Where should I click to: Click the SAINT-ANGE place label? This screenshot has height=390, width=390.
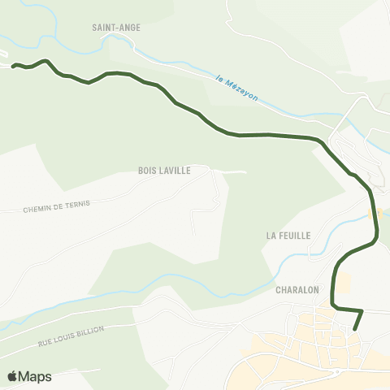pyautogui.click(x=117, y=27)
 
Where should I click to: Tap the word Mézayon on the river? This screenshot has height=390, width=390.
pyautogui.click(x=244, y=90)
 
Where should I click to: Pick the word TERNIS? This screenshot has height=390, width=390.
pyautogui.click(x=80, y=201)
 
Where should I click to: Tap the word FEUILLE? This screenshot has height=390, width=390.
pyautogui.click(x=294, y=235)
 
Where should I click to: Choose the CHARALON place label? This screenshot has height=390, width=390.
pyautogui.click(x=297, y=288)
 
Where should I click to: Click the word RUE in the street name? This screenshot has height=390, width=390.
pyautogui.click(x=45, y=344)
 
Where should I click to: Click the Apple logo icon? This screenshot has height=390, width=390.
pyautogui.click(x=12, y=376)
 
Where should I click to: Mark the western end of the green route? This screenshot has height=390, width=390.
pyautogui.click(x=13, y=65)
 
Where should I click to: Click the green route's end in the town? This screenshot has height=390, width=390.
pyautogui.click(x=356, y=329)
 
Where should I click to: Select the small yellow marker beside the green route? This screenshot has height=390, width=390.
pyautogui.click(x=375, y=214)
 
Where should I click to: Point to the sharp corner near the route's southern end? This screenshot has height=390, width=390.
pyautogui.click(x=362, y=310)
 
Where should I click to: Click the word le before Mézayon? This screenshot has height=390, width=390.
pyautogui.click(x=220, y=79)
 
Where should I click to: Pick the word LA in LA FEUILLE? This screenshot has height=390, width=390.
pyautogui.click(x=271, y=235)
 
